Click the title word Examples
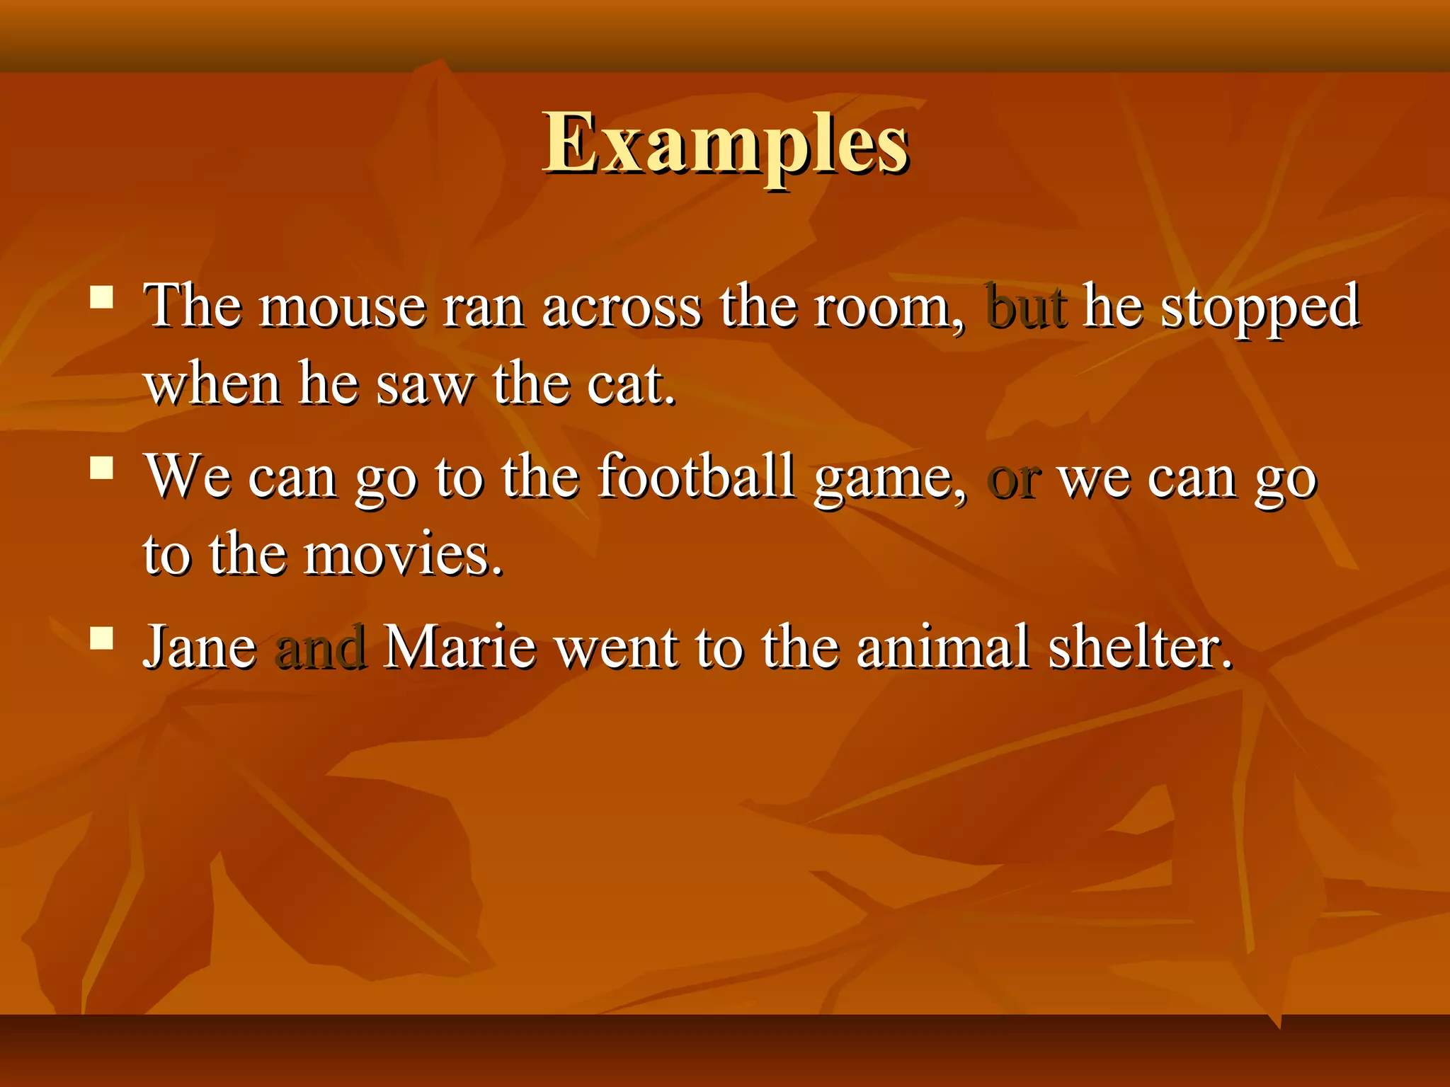click(725, 145)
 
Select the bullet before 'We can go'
click(102, 468)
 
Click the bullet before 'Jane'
click(102, 638)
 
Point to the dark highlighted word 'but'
click(1025, 307)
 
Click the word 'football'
click(697, 477)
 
